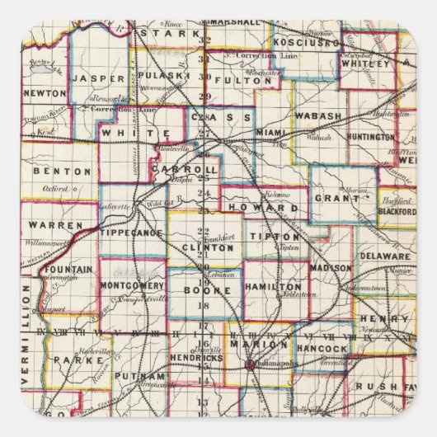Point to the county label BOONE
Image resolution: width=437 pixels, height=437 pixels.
204,291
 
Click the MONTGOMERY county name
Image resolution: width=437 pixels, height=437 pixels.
134,285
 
